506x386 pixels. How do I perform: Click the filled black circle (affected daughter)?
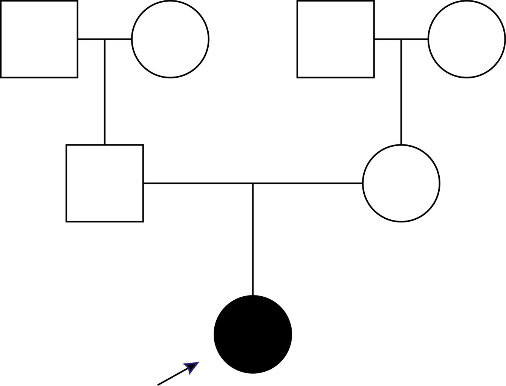tap(253, 334)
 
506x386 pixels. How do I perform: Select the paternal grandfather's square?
tap(39, 39)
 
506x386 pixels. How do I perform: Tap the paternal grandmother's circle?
tap(170, 39)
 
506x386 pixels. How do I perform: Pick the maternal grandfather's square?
tap(336, 39)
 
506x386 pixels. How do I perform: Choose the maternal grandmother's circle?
tap(466, 39)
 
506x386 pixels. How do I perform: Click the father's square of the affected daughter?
tap(105, 183)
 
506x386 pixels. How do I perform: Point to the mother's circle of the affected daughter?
tap(401, 183)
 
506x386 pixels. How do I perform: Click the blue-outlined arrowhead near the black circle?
tap(192, 367)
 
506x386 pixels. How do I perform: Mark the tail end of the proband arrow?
tap(158, 385)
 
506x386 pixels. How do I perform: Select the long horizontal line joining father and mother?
tap(196, 183)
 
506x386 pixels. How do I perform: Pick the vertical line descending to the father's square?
tap(105, 92)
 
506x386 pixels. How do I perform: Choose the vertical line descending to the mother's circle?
tap(401, 92)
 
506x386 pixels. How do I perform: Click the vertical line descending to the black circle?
tap(253, 239)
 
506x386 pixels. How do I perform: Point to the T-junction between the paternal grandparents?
tap(105, 39)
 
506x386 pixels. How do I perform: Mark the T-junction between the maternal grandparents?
tap(401, 39)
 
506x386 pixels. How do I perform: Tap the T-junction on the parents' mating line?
tap(253, 184)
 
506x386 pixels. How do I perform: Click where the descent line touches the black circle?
tap(253, 296)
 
